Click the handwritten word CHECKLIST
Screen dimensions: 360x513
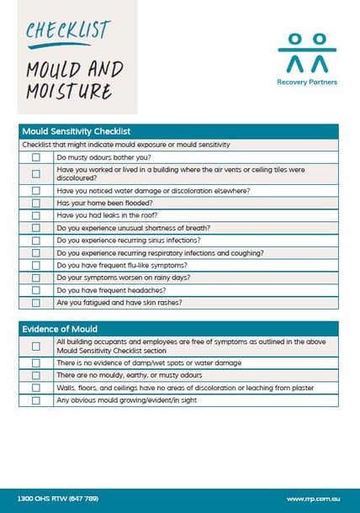[x=67, y=30]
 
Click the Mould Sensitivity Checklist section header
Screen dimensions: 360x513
[x=76, y=132]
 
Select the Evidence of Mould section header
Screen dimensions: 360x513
[x=60, y=329]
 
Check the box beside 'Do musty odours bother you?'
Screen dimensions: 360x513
[x=35, y=157]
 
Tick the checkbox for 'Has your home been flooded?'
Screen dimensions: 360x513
[x=35, y=203]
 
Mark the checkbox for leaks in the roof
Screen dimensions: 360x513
[x=35, y=215]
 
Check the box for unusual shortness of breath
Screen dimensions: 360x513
[x=35, y=228]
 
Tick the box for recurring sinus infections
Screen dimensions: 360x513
[x=35, y=241]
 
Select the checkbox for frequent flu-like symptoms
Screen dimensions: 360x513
[x=35, y=265]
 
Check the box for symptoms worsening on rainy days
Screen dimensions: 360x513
[x=35, y=278]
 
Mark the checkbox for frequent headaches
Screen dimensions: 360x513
[x=35, y=290]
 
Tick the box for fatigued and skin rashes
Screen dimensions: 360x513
[x=35, y=303]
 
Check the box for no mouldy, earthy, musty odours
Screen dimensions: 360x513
[x=35, y=375]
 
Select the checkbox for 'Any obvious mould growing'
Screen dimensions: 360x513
[x=35, y=400]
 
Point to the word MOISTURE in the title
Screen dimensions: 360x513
[x=68, y=90]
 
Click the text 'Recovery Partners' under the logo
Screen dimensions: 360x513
[x=306, y=82]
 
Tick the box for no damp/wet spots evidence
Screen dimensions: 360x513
[x=35, y=362]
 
